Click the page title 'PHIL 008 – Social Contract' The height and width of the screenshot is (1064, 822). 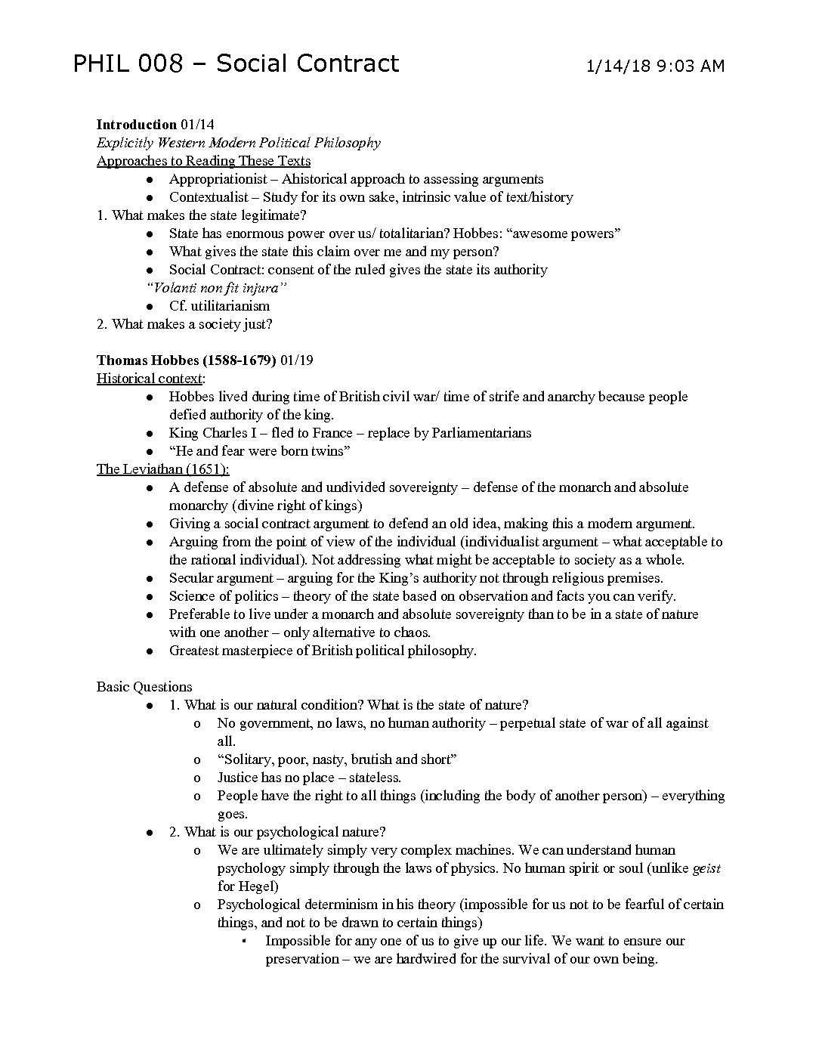tap(235, 64)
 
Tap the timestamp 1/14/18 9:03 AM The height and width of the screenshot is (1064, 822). tap(655, 66)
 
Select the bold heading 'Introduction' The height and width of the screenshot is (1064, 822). tap(136, 125)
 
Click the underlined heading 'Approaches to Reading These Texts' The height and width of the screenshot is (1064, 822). tap(203, 161)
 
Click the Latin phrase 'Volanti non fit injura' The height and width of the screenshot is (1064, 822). tap(217, 288)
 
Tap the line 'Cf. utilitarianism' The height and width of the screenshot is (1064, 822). tap(219, 306)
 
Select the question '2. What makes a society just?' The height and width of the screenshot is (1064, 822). tap(184, 324)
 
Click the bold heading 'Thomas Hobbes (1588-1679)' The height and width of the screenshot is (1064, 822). tap(186, 360)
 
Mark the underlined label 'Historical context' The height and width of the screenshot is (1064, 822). tap(149, 379)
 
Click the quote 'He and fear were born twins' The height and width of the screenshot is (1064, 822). tap(259, 451)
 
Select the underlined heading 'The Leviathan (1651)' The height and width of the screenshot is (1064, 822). tap(162, 469)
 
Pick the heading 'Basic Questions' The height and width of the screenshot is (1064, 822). tap(144, 687)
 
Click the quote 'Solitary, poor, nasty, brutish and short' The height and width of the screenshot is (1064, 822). tap(337, 759)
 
